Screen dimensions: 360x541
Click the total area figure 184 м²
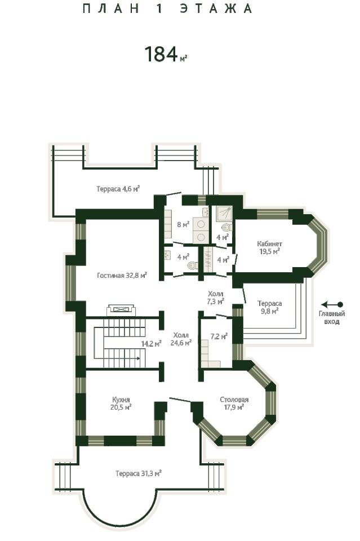[x=166, y=55]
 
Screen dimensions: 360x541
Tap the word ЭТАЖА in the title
[x=216, y=8]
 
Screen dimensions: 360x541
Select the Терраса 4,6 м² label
[x=118, y=189]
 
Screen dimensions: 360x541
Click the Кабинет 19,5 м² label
[x=270, y=247]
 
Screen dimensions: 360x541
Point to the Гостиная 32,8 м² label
[x=122, y=276]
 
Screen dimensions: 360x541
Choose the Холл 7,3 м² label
[x=216, y=298]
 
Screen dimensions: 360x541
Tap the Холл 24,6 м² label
[x=181, y=339]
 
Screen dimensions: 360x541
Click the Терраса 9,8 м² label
[x=270, y=307]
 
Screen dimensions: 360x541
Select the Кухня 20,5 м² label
[x=121, y=403]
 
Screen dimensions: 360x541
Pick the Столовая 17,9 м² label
[x=234, y=403]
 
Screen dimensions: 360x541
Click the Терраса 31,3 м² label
[x=139, y=473]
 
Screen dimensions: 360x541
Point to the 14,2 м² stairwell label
[x=152, y=344]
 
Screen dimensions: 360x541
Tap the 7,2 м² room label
[x=219, y=336]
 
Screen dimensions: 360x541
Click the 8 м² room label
[x=183, y=225]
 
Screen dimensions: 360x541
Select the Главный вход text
[x=332, y=317]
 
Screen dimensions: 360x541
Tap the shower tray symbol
[x=224, y=214]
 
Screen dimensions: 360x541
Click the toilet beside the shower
[x=226, y=227]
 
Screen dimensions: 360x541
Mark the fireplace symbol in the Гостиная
[x=121, y=310]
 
